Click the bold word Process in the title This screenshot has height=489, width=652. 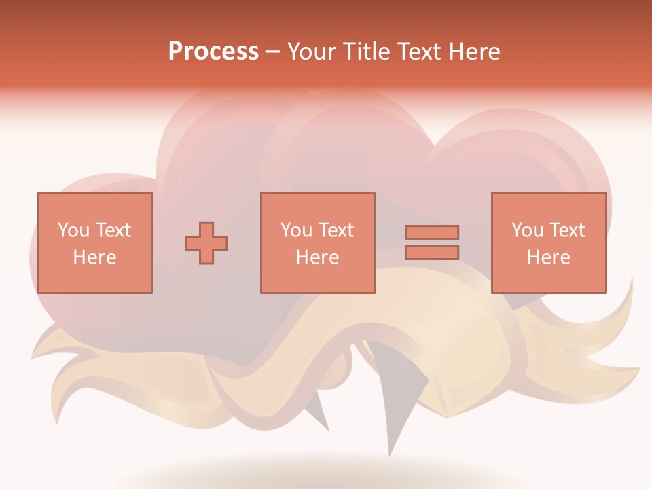click(x=213, y=52)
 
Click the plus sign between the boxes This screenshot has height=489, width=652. click(x=206, y=243)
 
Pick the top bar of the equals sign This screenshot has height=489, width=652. click(x=432, y=232)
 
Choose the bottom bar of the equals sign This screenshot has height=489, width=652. click(x=432, y=252)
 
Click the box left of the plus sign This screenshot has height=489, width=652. click(x=94, y=242)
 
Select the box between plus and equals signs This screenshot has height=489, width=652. click(x=317, y=242)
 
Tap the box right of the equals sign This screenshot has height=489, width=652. click(x=548, y=242)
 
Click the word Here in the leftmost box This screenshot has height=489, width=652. click(x=94, y=257)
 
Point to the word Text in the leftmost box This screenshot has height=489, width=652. click(x=113, y=230)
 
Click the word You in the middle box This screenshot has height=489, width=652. click(x=296, y=230)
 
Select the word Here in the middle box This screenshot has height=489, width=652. click(x=317, y=257)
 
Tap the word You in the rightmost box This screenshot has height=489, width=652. click(x=527, y=230)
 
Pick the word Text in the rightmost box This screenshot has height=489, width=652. click(x=567, y=230)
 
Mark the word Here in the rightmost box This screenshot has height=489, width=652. click(x=548, y=257)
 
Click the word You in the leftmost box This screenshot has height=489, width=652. click(x=73, y=230)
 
